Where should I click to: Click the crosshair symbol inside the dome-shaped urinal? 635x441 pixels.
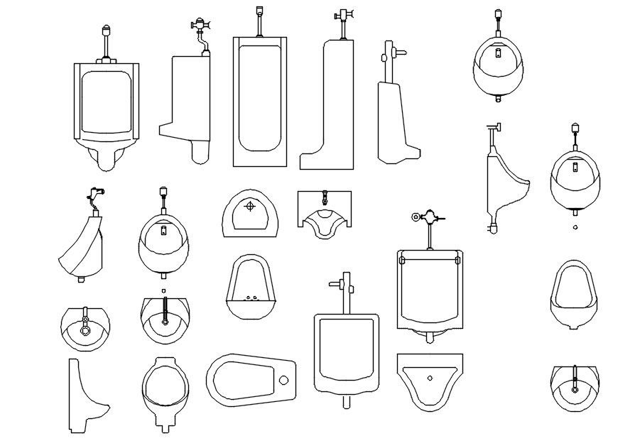249,207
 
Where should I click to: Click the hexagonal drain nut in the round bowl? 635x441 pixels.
85,330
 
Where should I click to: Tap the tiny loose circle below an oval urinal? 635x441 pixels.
575,227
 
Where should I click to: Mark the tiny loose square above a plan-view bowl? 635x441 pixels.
164,290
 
